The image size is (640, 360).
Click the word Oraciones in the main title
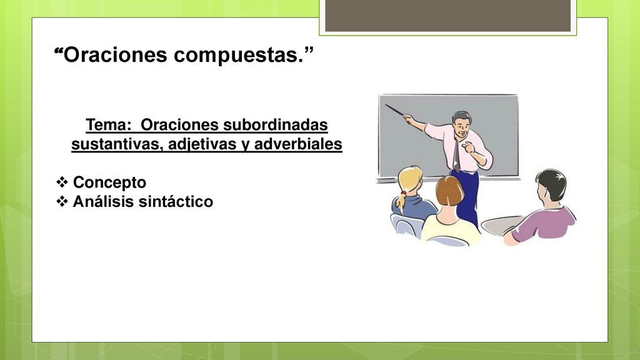(116, 54)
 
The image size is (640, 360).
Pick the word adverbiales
(298, 144)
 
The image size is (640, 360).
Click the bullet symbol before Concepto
(62, 182)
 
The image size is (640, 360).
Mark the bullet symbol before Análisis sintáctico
(62, 201)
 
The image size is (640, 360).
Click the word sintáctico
(176, 201)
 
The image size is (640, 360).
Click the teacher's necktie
(457, 155)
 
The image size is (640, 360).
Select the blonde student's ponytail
(402, 201)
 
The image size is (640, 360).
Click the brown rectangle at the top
(447, 16)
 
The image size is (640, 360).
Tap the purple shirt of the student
(545, 224)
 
